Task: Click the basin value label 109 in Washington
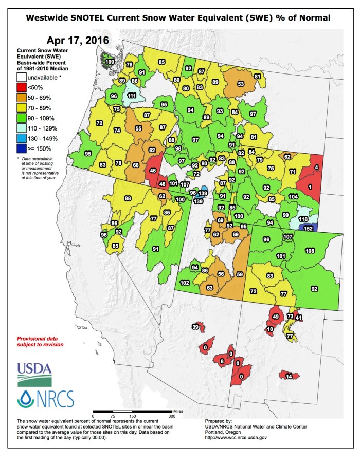[109, 62]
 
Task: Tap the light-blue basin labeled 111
[132, 96]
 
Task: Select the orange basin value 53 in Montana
[240, 84]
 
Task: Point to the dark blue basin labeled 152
[309, 228]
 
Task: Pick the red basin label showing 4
[316, 168]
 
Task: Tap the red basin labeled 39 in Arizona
[195, 327]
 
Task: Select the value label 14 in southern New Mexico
[289, 377]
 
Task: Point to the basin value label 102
[185, 283]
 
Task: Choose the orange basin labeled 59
[239, 275]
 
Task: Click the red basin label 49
[275, 317]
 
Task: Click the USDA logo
[34, 374]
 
